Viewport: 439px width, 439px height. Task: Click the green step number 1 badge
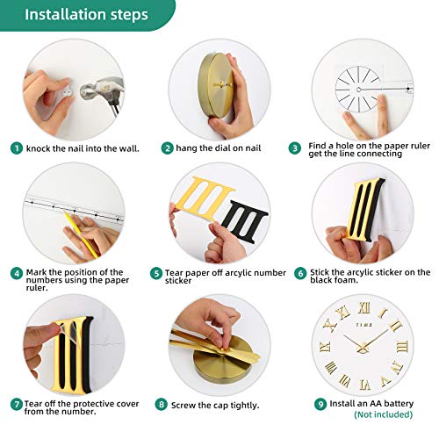click(17, 148)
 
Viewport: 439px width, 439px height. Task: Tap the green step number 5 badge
click(156, 273)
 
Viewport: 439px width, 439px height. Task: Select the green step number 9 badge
click(320, 404)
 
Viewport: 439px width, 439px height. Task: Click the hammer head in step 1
click(101, 87)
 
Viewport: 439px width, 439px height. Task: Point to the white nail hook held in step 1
click(65, 92)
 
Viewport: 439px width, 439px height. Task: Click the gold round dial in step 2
click(216, 84)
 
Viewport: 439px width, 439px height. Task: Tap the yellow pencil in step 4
click(82, 235)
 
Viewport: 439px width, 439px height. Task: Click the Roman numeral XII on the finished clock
click(364, 307)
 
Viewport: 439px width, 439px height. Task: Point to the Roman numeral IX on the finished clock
click(325, 347)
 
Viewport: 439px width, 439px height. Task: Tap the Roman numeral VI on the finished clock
click(365, 385)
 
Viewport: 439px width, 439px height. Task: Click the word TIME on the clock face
click(364, 325)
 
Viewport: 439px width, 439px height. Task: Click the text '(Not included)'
click(383, 414)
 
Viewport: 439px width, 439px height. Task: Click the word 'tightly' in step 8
click(244, 406)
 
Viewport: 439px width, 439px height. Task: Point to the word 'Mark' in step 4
click(36, 272)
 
